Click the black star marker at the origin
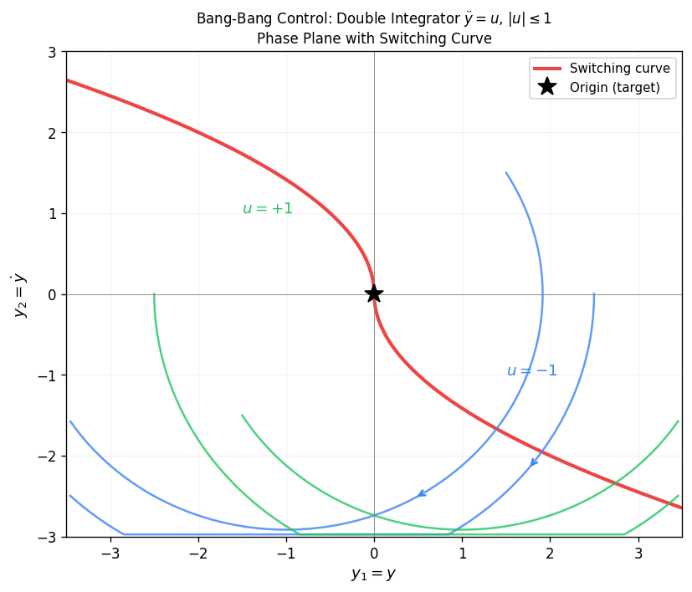click(374, 293)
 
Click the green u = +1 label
click(267, 208)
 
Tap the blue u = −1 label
click(531, 371)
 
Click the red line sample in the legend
click(547, 69)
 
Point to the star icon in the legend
click(547, 87)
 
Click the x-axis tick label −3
click(110, 554)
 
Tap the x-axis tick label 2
click(551, 554)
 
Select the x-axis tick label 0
click(374, 554)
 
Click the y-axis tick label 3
click(52, 52)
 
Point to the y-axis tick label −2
click(47, 457)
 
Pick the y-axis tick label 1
click(52, 213)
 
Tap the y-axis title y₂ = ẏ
click(18, 294)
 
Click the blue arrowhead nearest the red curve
click(535, 462)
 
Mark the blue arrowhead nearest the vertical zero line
click(423, 493)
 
